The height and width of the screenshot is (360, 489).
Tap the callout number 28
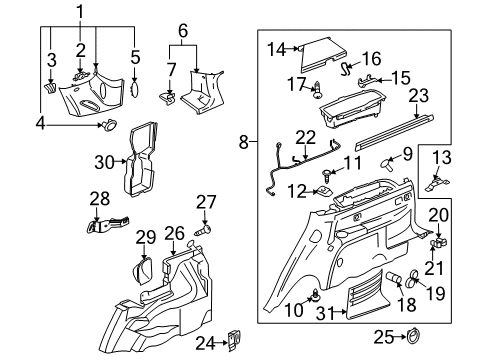tap(99, 199)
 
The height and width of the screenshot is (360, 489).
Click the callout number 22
tap(306, 136)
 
